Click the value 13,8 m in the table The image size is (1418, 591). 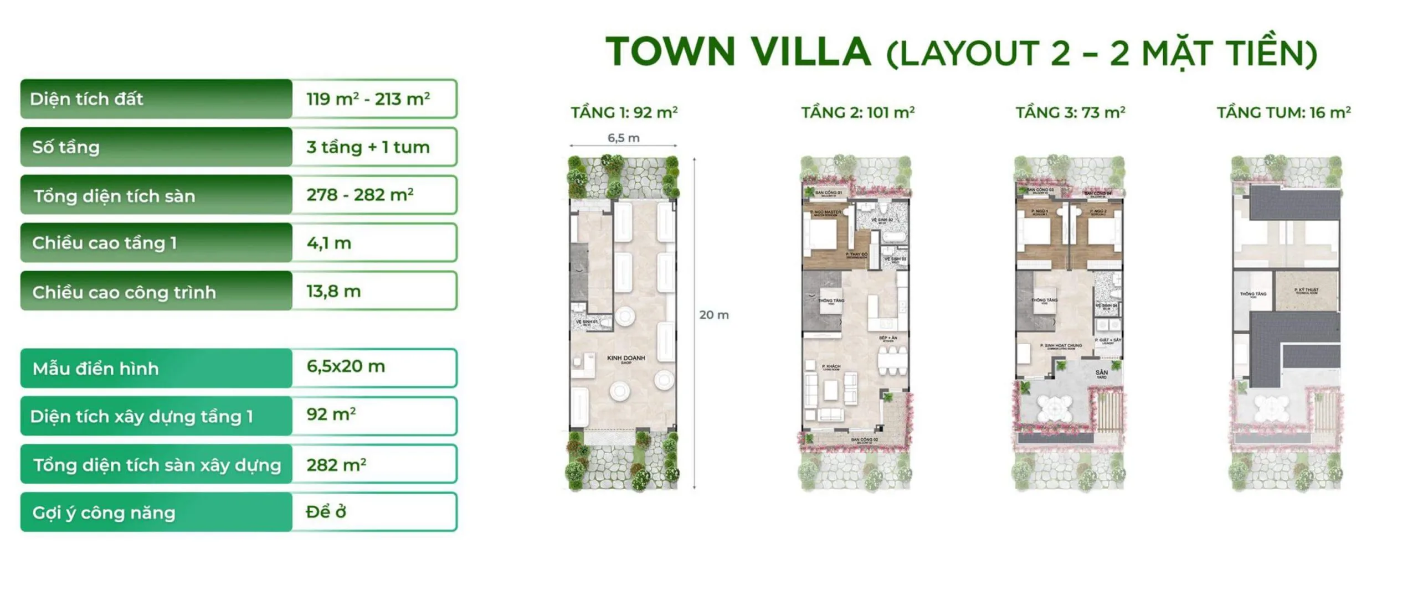[x=333, y=291]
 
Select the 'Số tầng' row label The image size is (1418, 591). [x=66, y=147]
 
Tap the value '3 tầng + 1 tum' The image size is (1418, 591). [x=368, y=147]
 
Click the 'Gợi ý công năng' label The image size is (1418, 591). [x=104, y=512]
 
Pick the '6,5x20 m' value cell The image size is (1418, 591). [x=346, y=366]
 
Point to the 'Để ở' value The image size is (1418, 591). [x=326, y=512]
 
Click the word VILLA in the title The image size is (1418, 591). [x=810, y=51]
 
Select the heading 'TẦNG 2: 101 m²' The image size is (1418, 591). [x=857, y=113]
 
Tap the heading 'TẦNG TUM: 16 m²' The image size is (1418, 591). [x=1283, y=113]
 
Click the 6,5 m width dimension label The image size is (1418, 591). [x=623, y=138]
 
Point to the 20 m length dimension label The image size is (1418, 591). [x=713, y=315]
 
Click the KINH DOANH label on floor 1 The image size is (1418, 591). [x=626, y=359]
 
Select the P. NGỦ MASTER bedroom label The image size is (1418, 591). [x=825, y=212]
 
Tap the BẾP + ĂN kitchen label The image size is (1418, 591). [x=888, y=338]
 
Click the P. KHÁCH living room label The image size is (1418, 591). [x=831, y=367]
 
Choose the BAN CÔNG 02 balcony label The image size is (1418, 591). [x=864, y=440]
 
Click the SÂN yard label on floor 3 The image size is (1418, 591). [x=1101, y=374]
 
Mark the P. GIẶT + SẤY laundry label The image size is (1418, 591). [x=1108, y=341]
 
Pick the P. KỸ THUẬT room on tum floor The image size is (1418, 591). [x=1306, y=291]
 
